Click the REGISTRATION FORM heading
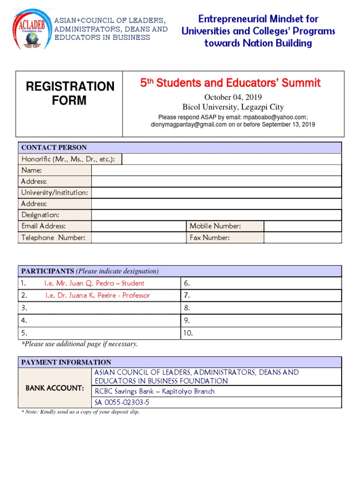pyautogui.click(x=69, y=93)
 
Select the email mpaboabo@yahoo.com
pyautogui.click(x=274, y=117)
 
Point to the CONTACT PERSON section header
pyautogui.click(x=54, y=147)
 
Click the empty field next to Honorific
pyautogui.click(x=232, y=159)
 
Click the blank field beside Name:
pyautogui.click(x=216, y=170)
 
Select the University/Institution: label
pyautogui.click(x=55, y=193)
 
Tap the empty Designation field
pyautogui.click(x=216, y=215)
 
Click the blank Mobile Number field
pyautogui.click(x=303, y=226)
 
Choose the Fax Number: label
pyautogui.click(x=210, y=238)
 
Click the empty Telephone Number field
pyautogui.click(x=139, y=238)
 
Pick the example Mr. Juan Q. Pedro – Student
pyautogui.click(x=94, y=283)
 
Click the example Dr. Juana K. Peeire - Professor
pyautogui.click(x=97, y=295)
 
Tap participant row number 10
pyautogui.click(x=261, y=333)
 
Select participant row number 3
pyautogui.click(x=99, y=308)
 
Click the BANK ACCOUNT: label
pyautogui.click(x=55, y=388)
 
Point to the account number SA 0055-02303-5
pyautogui.click(x=122, y=403)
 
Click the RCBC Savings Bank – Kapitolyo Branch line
pyautogui.click(x=155, y=391)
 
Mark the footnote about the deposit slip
pyautogui.click(x=81, y=412)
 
